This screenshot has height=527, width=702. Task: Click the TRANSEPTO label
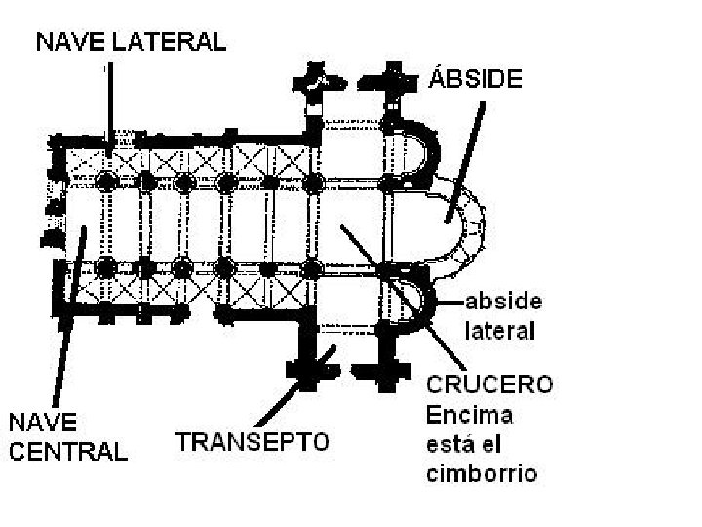[253, 441]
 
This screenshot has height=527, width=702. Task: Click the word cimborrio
[483, 475]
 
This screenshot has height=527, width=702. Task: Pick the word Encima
[470, 414]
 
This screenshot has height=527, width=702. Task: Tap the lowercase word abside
[503, 300]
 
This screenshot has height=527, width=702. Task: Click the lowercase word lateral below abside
[500, 330]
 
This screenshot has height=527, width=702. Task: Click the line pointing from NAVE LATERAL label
[110, 98]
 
